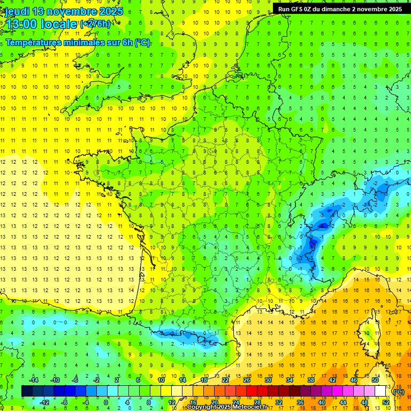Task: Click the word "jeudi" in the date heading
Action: pyautogui.click(x=18, y=11)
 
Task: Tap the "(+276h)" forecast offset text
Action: pyautogui.click(x=95, y=24)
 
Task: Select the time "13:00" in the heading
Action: pyautogui.click(x=21, y=24)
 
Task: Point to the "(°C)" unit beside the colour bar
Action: pyautogui.click(x=399, y=392)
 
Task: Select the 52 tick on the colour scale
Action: pyautogui.click(x=385, y=402)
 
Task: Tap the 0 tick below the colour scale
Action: pyautogui.click(x=106, y=402)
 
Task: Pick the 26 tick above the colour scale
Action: pyautogui.click(x=247, y=380)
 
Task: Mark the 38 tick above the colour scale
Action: pyautogui.click(x=310, y=380)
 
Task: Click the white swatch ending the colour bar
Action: pyautogui.click(x=380, y=391)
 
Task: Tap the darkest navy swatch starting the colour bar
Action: pyautogui.click(x=27, y=391)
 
